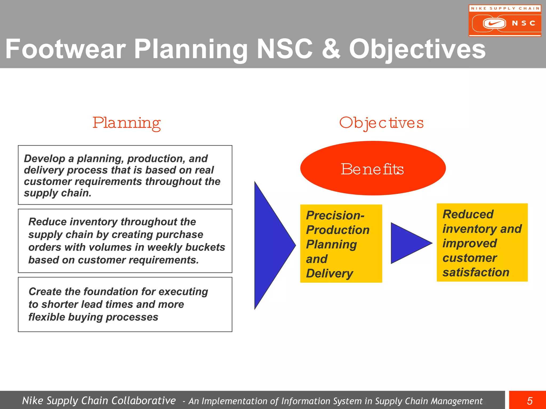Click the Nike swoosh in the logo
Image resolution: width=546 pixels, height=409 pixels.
[x=494, y=23]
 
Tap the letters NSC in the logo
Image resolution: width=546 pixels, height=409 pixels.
[x=524, y=23]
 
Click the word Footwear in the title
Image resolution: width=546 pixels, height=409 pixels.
[x=65, y=49]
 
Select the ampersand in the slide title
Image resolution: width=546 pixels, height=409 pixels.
[x=331, y=49]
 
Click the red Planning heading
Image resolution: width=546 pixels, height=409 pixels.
[x=127, y=123]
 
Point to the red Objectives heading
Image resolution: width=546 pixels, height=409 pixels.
[x=381, y=123]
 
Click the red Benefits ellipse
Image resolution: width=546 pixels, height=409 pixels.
[x=373, y=169]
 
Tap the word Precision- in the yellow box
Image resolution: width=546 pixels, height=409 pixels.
[x=335, y=215]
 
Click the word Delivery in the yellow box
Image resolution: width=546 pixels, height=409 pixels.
[x=330, y=273]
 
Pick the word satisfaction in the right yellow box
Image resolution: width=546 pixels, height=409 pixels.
[x=476, y=272]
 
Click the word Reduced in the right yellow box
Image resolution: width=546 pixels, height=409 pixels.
[x=468, y=214]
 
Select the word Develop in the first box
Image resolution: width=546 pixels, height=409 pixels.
[x=45, y=159]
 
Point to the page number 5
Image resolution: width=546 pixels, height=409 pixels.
[x=529, y=401]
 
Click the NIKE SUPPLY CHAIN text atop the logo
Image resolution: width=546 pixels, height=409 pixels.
[x=505, y=8]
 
